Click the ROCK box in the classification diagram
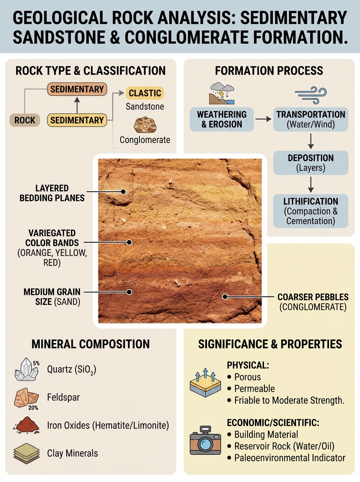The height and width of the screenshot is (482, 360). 25,120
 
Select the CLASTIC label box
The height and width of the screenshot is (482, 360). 145,93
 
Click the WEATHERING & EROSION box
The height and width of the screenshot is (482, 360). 221,119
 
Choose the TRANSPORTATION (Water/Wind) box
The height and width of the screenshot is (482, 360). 311,119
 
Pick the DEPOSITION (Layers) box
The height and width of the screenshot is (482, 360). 311,163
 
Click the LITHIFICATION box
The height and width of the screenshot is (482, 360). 311,210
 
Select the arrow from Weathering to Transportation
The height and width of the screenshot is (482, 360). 263,119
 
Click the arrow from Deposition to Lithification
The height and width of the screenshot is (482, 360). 311,184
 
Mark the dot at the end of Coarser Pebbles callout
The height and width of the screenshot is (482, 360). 225,297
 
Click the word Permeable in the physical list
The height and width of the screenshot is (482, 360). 255,388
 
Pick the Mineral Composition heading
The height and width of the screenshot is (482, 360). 90,344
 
